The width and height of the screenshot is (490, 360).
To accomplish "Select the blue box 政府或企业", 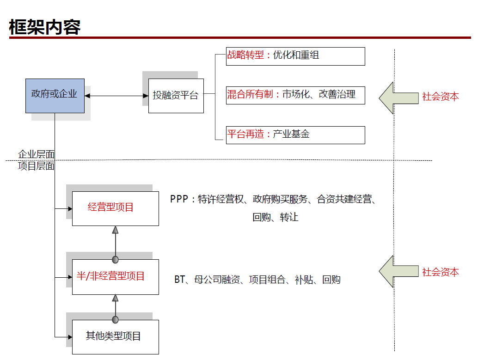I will click(x=55, y=95).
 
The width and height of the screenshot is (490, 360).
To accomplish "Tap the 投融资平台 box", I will click(x=176, y=96).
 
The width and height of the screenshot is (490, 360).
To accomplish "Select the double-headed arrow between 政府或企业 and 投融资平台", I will click(x=116, y=96).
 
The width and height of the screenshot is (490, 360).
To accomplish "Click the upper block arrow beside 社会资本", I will click(x=398, y=98).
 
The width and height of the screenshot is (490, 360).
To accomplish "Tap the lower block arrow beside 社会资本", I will click(x=398, y=271).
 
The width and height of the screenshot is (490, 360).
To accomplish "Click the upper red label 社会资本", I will click(x=441, y=97).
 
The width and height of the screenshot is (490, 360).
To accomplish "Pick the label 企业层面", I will click(x=36, y=154).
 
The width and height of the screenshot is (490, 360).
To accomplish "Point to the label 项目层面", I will click(x=36, y=166).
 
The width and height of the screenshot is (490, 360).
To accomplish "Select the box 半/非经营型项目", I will click(x=115, y=277).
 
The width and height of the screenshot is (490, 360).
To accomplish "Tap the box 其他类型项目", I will click(x=115, y=336).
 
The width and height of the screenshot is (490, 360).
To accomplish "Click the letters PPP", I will click(x=179, y=199).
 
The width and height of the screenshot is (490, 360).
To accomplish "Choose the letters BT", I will click(x=179, y=280).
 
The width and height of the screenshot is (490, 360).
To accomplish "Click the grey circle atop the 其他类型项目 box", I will click(x=115, y=319).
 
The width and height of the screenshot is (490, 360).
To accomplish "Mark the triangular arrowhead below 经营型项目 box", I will click(x=115, y=230).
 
